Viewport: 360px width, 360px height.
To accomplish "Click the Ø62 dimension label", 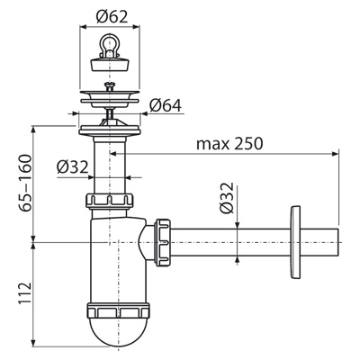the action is click(x=112, y=17).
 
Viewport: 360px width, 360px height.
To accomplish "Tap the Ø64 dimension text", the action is click(x=166, y=105).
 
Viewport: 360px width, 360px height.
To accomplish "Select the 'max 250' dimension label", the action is click(x=229, y=144).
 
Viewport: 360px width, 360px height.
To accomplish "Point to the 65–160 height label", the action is click(x=25, y=183).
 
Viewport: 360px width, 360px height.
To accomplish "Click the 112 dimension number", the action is click(x=25, y=293).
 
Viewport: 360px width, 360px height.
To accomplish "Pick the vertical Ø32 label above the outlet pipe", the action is click(x=227, y=197).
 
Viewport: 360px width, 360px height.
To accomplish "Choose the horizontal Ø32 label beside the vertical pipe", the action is click(x=73, y=166).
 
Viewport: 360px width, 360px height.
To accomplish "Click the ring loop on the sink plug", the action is click(x=110, y=43).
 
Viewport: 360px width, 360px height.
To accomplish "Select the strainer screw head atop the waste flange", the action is click(x=110, y=86).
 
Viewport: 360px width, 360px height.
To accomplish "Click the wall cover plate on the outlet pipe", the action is click(x=295, y=242).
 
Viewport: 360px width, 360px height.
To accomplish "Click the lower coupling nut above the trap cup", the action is click(x=118, y=311).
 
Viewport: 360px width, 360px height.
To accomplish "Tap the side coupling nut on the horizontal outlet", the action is click(x=163, y=242).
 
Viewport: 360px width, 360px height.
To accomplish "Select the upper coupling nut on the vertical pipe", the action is click(x=110, y=201).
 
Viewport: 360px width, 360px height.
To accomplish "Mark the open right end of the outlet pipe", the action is click(x=339, y=242).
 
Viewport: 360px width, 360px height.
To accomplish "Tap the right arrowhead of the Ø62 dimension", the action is click(x=136, y=27).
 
